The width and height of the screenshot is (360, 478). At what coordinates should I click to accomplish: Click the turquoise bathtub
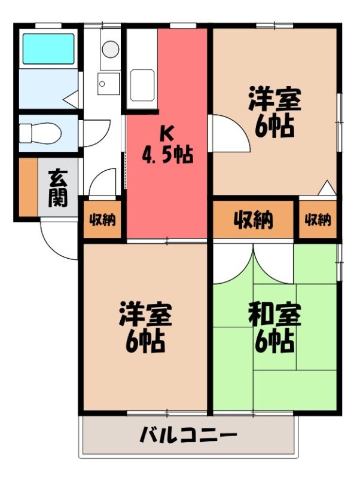48,48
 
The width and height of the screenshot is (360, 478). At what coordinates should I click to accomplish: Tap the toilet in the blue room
40,133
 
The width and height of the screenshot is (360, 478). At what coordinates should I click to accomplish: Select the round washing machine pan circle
111,49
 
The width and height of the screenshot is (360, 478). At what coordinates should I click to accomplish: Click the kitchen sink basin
142,85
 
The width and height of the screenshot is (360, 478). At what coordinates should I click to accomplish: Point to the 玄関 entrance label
58,188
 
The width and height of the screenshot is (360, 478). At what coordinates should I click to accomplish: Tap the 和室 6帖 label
274,327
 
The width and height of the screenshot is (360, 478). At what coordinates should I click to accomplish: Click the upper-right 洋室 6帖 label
274,112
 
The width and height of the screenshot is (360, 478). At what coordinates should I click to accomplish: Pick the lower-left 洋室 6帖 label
145,327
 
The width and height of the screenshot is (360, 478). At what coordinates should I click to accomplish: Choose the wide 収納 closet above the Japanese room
253,219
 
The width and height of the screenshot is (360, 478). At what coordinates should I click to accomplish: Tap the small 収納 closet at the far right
318,219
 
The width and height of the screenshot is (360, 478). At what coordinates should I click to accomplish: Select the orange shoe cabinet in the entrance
28,186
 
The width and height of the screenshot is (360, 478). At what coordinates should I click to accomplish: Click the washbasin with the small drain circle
109,84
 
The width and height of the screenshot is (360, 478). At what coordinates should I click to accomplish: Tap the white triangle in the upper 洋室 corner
327,188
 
